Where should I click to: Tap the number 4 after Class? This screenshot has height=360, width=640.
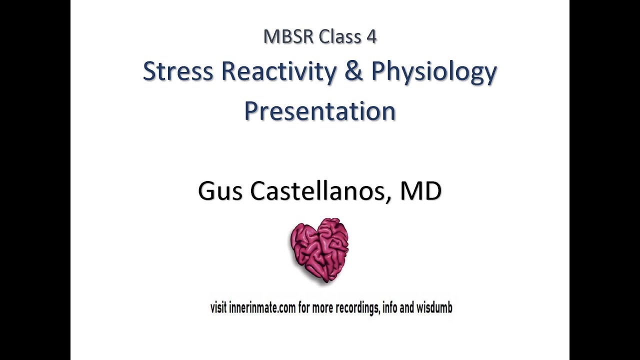tap(370, 37)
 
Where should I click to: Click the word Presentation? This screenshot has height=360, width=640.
tap(320, 110)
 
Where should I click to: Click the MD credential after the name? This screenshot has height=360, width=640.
tap(420, 191)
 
